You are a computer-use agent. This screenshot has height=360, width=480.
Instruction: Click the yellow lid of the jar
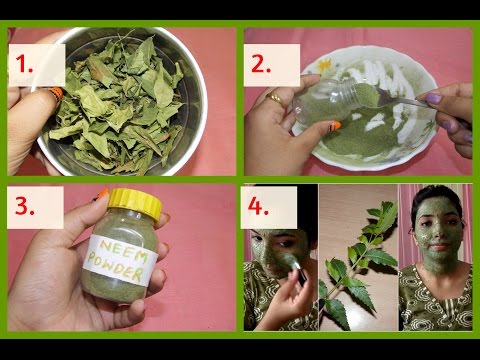pos(134,206)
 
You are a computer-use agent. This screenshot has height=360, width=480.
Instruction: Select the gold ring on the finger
pos(274,98)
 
